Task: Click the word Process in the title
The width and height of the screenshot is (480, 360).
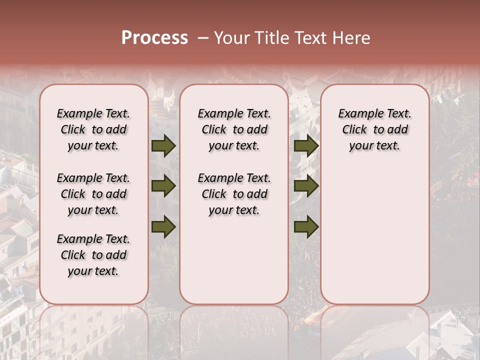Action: pos(154,38)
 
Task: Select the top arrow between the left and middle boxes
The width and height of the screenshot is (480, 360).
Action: pos(163,146)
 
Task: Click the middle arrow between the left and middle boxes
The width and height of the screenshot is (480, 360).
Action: pos(163,186)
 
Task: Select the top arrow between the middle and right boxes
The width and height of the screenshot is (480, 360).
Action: pos(306,146)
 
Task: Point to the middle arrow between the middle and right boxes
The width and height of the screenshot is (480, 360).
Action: pos(306,186)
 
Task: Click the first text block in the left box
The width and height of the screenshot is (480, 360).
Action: pos(93,129)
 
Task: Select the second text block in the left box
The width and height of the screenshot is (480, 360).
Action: pos(93,194)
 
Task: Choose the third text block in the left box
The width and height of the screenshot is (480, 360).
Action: pos(93,255)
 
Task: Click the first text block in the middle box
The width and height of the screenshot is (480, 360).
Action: pos(234,129)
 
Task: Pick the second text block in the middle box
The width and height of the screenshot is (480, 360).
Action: pos(234,194)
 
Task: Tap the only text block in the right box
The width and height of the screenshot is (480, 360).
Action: pos(375,129)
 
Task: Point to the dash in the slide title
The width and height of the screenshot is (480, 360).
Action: pos(203,38)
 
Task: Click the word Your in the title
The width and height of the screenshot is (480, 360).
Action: pos(232,38)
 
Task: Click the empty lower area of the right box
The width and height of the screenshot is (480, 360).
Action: pos(375,240)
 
